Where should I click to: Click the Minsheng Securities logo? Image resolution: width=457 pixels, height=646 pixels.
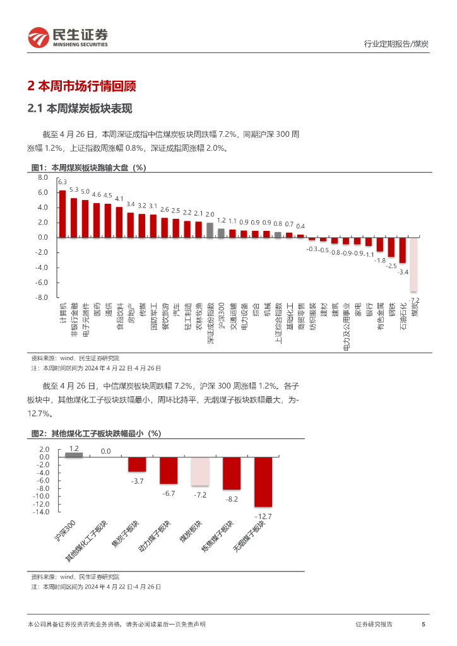pyautogui.click(x=68, y=37)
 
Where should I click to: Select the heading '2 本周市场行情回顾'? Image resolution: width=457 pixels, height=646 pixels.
pyautogui.click(x=82, y=86)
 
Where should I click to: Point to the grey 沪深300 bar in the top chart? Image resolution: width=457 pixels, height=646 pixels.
pyautogui.click(x=221, y=233)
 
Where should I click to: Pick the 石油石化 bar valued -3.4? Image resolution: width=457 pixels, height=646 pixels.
pyautogui.click(x=403, y=250)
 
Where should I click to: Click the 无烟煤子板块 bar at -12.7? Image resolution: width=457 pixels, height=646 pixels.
pyautogui.click(x=263, y=481)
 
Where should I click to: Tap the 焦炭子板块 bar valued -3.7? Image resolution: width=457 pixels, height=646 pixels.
pyautogui.click(x=137, y=464)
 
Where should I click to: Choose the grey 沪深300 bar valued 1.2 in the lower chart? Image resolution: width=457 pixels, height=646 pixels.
pyautogui.click(x=74, y=454)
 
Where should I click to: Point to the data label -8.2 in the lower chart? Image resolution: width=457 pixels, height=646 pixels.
pyautogui.click(x=232, y=499)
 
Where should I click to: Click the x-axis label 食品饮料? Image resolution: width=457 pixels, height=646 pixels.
pyautogui.click(x=121, y=318)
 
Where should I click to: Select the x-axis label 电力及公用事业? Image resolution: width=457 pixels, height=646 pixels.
pyautogui.click(x=346, y=326)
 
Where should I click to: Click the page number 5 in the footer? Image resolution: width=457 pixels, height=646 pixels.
pyautogui.click(x=423, y=624)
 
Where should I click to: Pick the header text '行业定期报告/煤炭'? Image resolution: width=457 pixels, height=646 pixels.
pyautogui.click(x=397, y=44)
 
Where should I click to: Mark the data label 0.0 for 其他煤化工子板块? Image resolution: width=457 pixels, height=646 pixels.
pyautogui.click(x=105, y=451)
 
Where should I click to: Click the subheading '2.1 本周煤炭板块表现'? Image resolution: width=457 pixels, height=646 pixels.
pyautogui.click(x=80, y=109)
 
